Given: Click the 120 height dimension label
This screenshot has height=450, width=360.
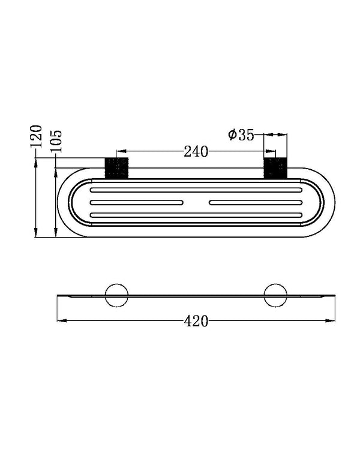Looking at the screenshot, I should [37, 137].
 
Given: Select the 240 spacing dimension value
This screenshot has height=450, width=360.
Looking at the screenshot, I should [196, 152].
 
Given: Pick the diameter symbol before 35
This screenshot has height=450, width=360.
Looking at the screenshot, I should [232, 134].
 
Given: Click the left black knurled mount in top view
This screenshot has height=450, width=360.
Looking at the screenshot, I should [117, 168].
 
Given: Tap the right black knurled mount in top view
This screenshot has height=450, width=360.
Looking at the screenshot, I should [277, 168].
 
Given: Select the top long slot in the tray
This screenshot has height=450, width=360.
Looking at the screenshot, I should [196, 190].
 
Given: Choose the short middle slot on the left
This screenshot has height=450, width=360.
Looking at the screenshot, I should [136, 202].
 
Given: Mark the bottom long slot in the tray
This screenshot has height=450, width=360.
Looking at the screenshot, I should [196, 214].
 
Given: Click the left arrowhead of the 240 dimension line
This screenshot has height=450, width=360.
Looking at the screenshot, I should [119, 152].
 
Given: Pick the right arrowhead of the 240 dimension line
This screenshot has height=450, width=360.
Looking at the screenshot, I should [273, 152].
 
